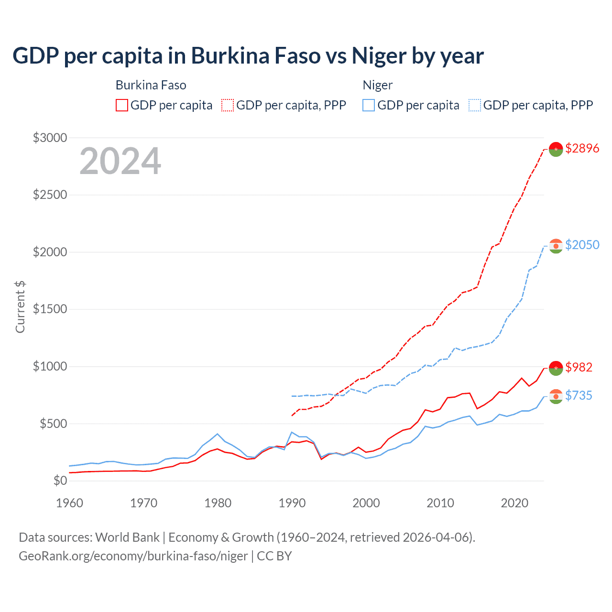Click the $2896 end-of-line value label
pyautogui.click(x=582, y=148)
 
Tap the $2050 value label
pyautogui.click(x=582, y=245)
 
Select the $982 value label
pyautogui.click(x=579, y=367)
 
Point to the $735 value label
pyautogui.click(x=579, y=395)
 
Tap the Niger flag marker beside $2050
pyautogui.click(x=556, y=246)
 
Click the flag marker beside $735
pyautogui.click(x=556, y=396)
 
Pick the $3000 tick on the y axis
pyautogui.click(x=50, y=138)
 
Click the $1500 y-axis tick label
pyautogui.click(x=50, y=309)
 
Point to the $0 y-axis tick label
pyautogui.click(x=60, y=481)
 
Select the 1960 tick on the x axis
pyautogui.click(x=70, y=503)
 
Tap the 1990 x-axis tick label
pyautogui.click(x=292, y=503)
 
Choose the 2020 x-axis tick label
pyautogui.click(x=514, y=503)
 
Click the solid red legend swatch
pyautogui.click(x=122, y=105)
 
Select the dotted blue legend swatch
pyautogui.click(x=475, y=105)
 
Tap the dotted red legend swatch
pyautogui.click(x=228, y=105)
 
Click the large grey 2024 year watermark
pyautogui.click(x=120, y=161)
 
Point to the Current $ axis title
pyautogui.click(x=20, y=307)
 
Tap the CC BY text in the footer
pyautogui.click(x=274, y=556)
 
